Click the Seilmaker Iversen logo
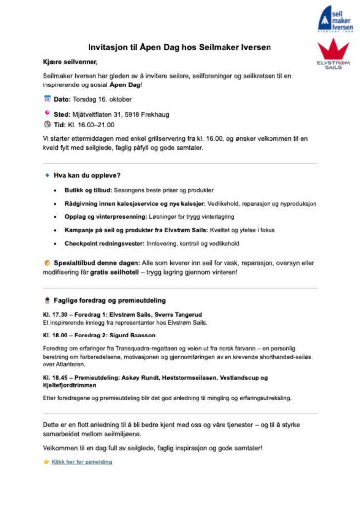[335, 19]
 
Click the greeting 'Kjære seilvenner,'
[70, 62]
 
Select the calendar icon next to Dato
[47, 99]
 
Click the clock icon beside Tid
[47, 125]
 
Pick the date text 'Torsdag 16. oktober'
[102, 99]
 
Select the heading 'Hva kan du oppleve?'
[88, 175]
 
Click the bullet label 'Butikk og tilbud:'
[89, 190]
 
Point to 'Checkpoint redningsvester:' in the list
[103, 243]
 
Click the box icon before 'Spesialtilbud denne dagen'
[47, 263]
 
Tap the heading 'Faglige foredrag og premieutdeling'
[109, 300]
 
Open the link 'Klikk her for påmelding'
[82, 462]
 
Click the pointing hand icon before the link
[46, 462]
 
